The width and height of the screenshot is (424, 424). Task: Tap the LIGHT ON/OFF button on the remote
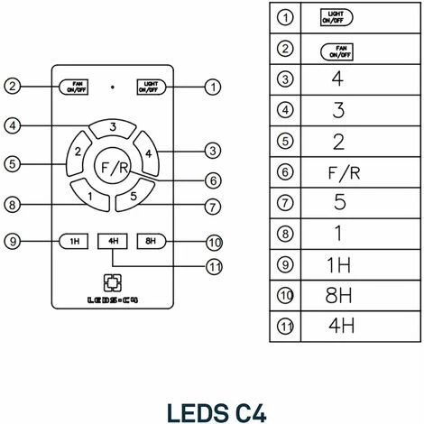(147, 87)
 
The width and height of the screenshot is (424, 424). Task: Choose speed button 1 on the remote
(91, 194)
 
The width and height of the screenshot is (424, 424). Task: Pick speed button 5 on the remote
(134, 194)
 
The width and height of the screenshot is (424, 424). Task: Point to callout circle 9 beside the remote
(12, 241)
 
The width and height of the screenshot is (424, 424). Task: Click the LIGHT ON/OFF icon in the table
(337, 18)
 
